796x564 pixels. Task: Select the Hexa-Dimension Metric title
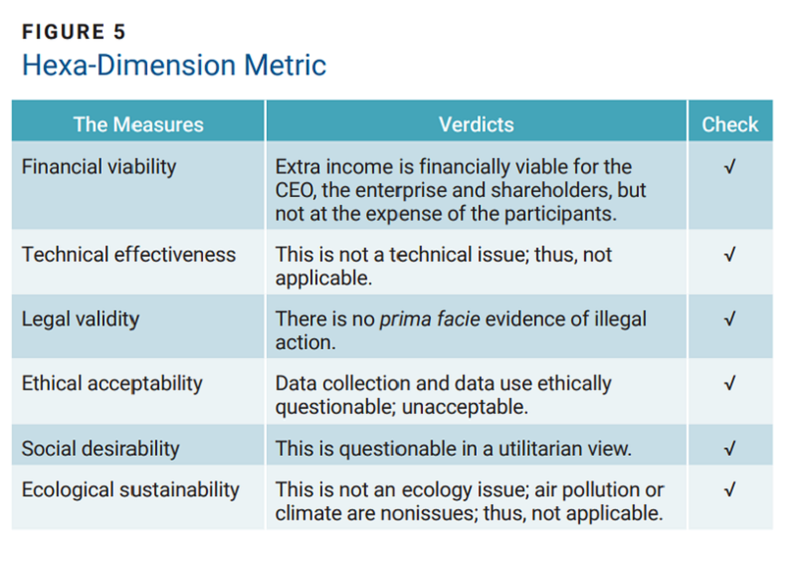[174, 66]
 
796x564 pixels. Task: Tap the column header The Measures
[138, 124]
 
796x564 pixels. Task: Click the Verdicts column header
[476, 124]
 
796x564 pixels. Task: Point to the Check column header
[729, 124]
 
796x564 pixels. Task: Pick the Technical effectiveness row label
[128, 254]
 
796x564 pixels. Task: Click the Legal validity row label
[81, 318]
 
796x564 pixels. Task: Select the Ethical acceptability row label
[111, 383]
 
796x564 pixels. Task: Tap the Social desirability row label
[100, 448]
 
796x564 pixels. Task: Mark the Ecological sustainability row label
[130, 489]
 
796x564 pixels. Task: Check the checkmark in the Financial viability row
[730, 166]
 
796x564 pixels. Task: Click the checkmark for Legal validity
[730, 318]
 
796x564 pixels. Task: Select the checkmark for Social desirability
[730, 448]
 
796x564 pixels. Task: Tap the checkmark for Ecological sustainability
[730, 489]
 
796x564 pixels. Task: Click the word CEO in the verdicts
[295, 189]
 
